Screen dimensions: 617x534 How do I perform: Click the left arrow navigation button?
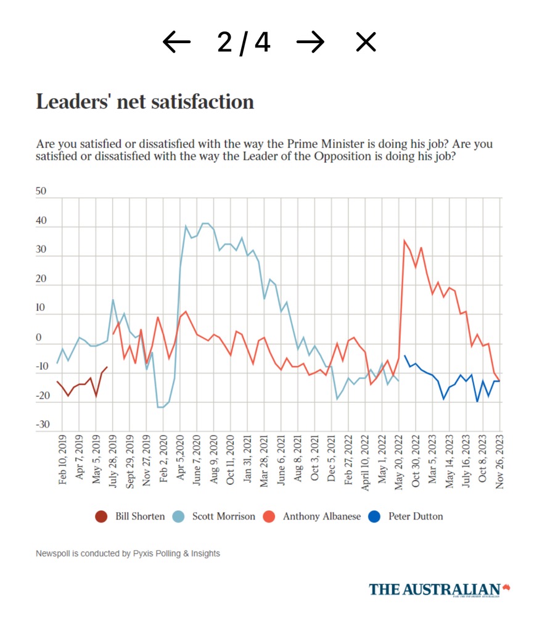pyautogui.click(x=177, y=42)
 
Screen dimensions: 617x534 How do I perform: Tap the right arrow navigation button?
pyautogui.click(x=310, y=42)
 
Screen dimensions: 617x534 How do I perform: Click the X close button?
pyautogui.click(x=366, y=42)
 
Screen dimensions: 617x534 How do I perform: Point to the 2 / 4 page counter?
pyautogui.click(x=244, y=42)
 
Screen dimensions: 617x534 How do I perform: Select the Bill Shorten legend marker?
pyautogui.click(x=102, y=516)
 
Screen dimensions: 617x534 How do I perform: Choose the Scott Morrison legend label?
pyautogui.click(x=223, y=516)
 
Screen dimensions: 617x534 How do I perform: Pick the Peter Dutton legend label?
pyautogui.click(x=416, y=516)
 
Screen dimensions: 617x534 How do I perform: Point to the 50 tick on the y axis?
pyautogui.click(x=41, y=192)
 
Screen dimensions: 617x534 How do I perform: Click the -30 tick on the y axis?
pyautogui.click(x=41, y=425)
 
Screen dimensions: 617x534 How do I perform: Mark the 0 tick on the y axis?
pyautogui.click(x=40, y=338)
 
